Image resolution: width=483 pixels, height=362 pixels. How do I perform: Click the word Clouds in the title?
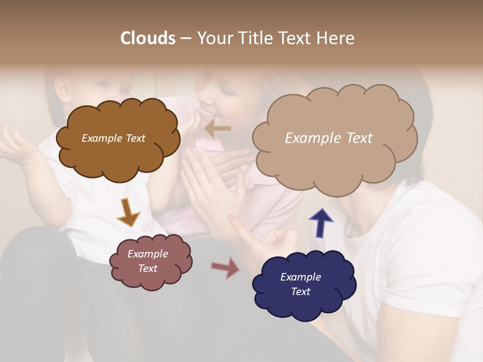pyautogui.click(x=148, y=38)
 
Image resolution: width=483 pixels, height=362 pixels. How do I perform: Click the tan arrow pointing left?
pyautogui.click(x=218, y=129)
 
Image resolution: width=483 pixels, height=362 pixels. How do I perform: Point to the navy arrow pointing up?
pyautogui.click(x=320, y=223)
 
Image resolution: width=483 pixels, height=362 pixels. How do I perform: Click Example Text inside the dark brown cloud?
pyautogui.click(x=113, y=138)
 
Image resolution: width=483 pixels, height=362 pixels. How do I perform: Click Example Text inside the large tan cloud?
pyautogui.click(x=329, y=138)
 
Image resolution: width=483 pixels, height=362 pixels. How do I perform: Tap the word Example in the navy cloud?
pyautogui.click(x=300, y=277)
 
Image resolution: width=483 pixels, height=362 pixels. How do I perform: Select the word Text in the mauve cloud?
pyautogui.click(x=148, y=268)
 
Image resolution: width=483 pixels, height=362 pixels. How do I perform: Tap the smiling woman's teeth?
pyautogui.click(x=207, y=114)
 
